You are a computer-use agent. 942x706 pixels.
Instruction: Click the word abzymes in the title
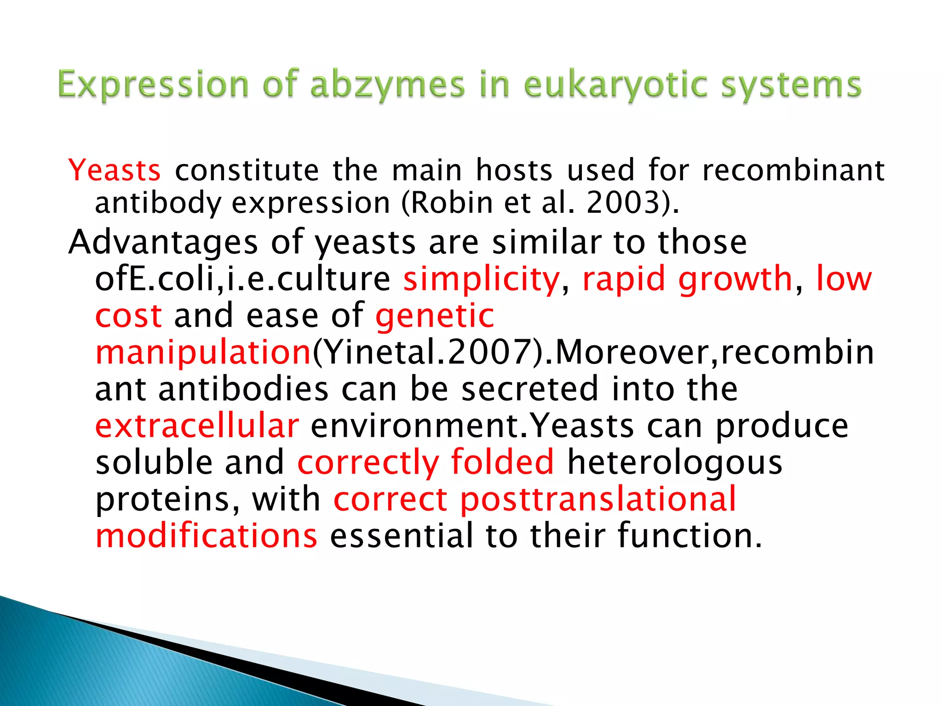[387, 85]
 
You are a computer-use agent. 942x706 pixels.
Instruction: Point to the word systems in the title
[791, 85]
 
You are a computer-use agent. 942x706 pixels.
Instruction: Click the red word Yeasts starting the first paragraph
[115, 171]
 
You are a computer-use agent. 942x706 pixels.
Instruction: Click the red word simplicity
[481, 279]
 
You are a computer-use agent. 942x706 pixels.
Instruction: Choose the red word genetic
[435, 316]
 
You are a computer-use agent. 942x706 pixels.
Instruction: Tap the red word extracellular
[197, 426]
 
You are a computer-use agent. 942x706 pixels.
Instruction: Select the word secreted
[529, 389]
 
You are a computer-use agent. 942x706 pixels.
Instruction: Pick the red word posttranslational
[598, 500]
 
